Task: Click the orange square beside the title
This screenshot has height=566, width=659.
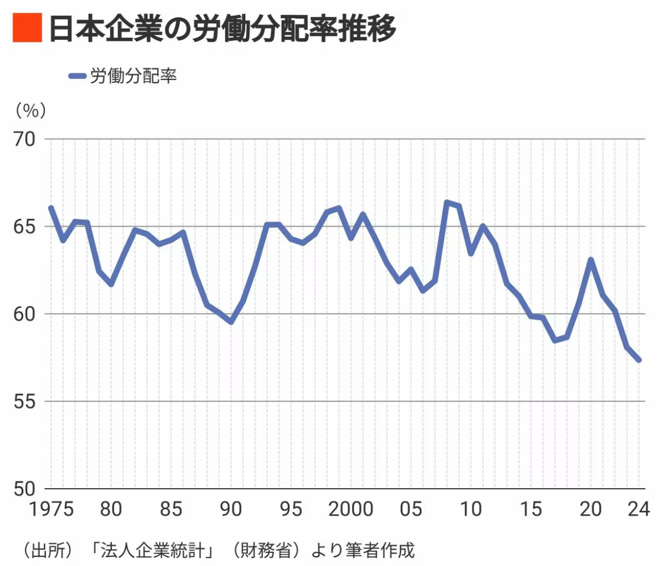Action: click(x=27, y=28)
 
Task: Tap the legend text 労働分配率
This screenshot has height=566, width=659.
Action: click(x=134, y=76)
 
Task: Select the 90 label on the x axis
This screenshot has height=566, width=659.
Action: click(x=231, y=509)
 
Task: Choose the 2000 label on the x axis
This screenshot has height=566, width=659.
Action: click(x=351, y=509)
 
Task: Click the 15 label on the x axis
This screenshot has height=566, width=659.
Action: click(x=531, y=509)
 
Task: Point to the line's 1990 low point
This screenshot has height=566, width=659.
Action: click(x=231, y=322)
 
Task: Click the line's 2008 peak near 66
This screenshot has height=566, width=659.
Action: click(x=447, y=202)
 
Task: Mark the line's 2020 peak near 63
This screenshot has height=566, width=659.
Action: click(x=591, y=260)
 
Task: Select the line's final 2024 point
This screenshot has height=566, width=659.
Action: click(x=639, y=360)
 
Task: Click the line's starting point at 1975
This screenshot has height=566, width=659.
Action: click(x=51, y=208)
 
